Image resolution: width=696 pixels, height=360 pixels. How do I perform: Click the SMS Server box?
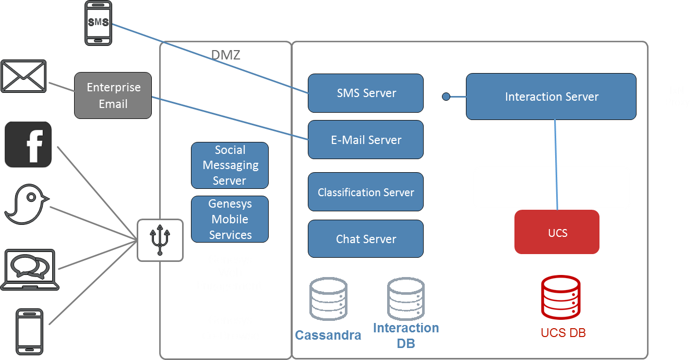pyautogui.click(x=365, y=93)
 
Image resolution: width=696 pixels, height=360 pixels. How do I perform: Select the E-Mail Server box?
pyautogui.click(x=365, y=140)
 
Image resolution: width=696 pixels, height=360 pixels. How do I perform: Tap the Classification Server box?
pyautogui.click(x=365, y=192)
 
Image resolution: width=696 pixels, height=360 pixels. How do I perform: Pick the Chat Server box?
pyautogui.click(x=365, y=239)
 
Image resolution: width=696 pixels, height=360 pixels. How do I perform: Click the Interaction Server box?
pyautogui.click(x=551, y=97)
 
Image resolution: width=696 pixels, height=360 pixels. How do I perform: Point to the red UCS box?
pyautogui.click(x=557, y=233)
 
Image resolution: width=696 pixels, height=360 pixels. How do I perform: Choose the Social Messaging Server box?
pyautogui.click(x=230, y=165)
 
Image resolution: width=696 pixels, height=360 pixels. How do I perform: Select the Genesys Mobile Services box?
pyautogui.click(x=230, y=219)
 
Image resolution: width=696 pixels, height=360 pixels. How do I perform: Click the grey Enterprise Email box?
pyautogui.click(x=113, y=95)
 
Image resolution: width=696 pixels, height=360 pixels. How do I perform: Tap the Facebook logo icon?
pyautogui.click(x=28, y=145)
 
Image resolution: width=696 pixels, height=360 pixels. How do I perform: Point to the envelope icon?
pyautogui.click(x=23, y=76)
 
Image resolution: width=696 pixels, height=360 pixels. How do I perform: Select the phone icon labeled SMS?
pyautogui.click(x=98, y=23)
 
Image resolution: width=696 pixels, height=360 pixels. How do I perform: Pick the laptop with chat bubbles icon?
pyautogui.click(x=30, y=269)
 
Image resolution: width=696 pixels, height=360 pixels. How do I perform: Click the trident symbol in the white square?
pyautogui.click(x=160, y=240)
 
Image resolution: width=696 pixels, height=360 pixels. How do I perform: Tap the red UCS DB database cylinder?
pyautogui.click(x=560, y=298)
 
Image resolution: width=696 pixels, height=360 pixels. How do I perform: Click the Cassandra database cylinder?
pyautogui.click(x=328, y=298)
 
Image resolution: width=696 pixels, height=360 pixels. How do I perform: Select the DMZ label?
pyautogui.click(x=225, y=55)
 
